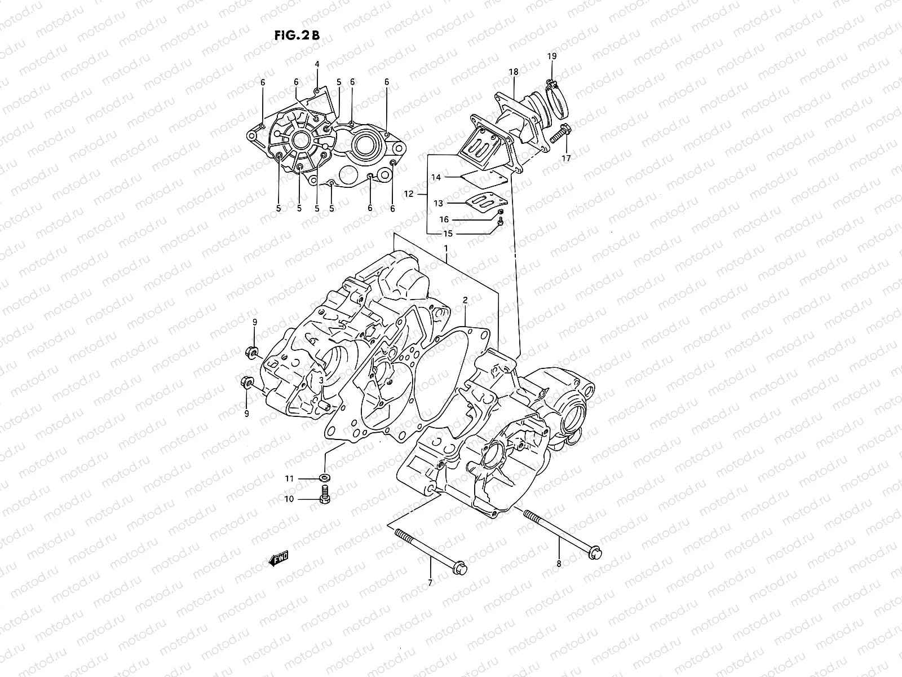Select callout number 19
click(x=551, y=56)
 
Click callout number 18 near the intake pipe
click(x=513, y=72)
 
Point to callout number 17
click(x=565, y=159)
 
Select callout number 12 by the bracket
click(x=409, y=194)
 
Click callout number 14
click(x=436, y=177)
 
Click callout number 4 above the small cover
click(x=317, y=64)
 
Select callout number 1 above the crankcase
click(x=445, y=248)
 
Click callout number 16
click(x=444, y=219)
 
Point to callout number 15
click(x=448, y=234)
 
